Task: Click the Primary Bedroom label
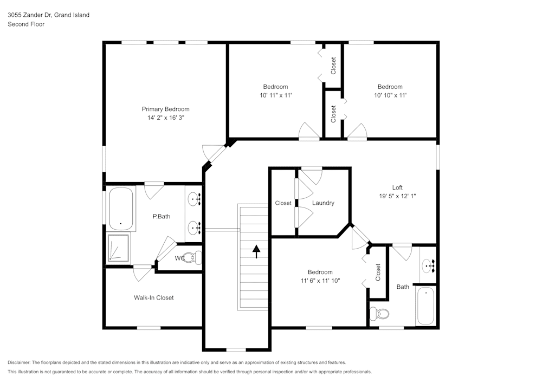point(165,109)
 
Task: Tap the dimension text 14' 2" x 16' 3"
point(165,117)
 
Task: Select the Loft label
point(397,187)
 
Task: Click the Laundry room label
point(323,203)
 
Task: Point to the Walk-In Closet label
point(154,297)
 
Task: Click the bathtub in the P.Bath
point(121,209)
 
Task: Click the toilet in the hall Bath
point(380,314)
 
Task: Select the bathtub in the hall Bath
point(426,306)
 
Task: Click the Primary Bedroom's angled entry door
point(215,154)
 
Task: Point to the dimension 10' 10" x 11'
point(390,95)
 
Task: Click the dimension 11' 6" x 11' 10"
point(320,281)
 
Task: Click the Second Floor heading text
point(26,24)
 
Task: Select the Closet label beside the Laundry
point(283,203)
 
